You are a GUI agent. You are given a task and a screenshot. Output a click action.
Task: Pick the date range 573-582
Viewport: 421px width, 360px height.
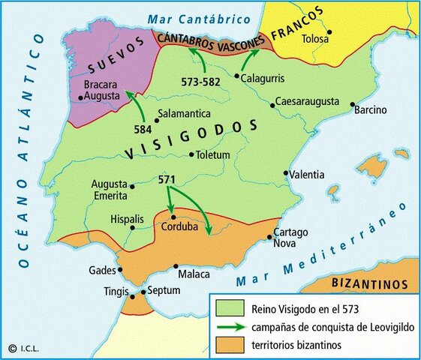[x=200, y=80]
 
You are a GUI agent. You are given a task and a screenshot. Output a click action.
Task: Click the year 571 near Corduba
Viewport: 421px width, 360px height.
[x=168, y=181]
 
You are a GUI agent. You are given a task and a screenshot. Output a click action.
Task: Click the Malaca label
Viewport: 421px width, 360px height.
[x=194, y=274]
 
